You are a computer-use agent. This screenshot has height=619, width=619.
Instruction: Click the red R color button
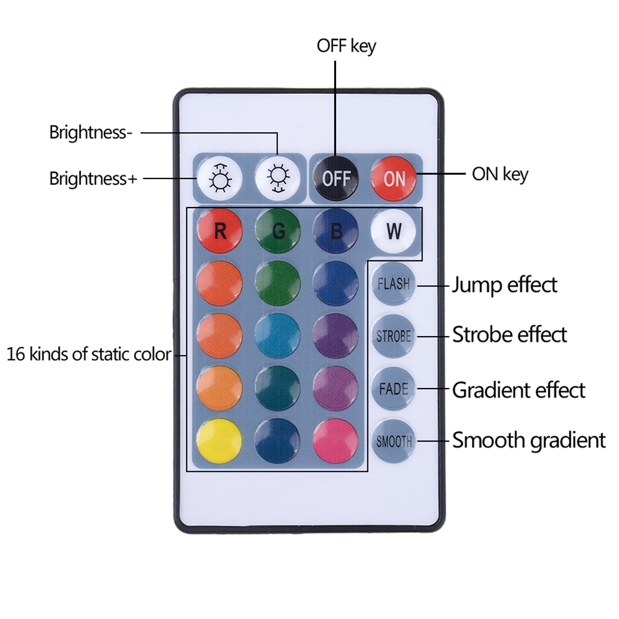tap(219, 231)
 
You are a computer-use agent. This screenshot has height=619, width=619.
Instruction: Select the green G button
tap(278, 231)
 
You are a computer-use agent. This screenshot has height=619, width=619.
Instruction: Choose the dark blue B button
tap(336, 231)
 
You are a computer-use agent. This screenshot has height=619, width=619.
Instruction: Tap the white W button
tap(394, 231)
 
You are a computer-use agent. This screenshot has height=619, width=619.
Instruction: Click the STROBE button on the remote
tap(394, 337)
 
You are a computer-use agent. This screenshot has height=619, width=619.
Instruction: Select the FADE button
tap(394, 389)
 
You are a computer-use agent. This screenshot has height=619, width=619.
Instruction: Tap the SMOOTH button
tap(394, 442)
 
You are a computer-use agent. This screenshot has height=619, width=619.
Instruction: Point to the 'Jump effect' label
tap(504, 285)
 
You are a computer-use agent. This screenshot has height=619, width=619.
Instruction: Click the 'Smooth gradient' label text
tap(529, 440)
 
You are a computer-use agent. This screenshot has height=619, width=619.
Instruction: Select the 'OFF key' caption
tap(346, 46)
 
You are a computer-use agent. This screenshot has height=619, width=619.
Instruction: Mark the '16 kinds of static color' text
tap(88, 355)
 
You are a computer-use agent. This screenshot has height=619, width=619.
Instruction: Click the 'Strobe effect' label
tap(509, 335)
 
